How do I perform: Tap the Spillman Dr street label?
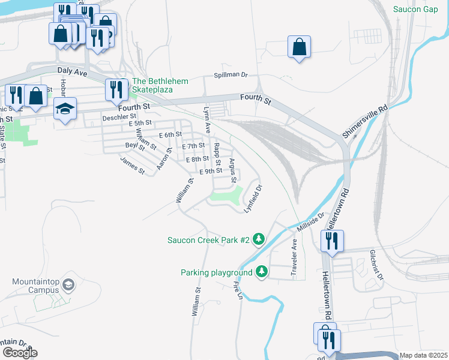(x=231, y=75)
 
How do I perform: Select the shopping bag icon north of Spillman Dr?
(x=299, y=47)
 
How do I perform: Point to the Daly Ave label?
(x=73, y=71)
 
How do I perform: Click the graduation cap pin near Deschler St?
(x=65, y=109)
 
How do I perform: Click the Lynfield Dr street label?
(x=254, y=198)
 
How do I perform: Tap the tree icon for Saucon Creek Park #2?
(x=259, y=239)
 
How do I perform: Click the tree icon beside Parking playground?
(x=262, y=272)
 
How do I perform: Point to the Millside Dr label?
(x=310, y=220)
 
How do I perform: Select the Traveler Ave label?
(x=294, y=259)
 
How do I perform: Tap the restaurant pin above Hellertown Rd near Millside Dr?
(x=331, y=241)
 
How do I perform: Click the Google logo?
(x=19, y=353)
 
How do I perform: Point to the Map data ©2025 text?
(x=424, y=355)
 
